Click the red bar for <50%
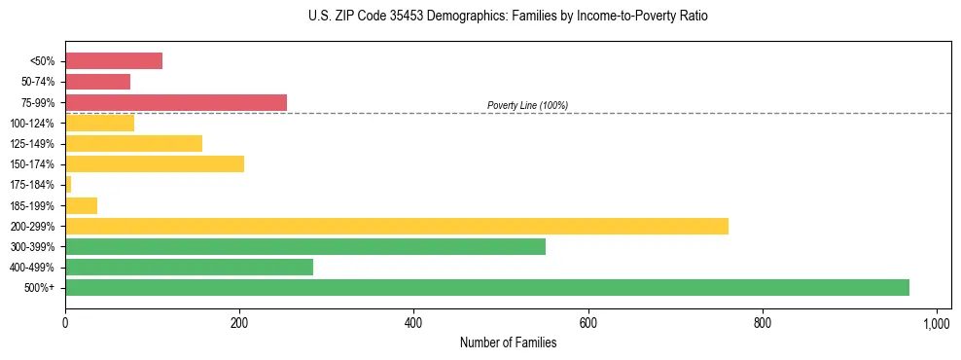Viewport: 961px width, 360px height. [x=114, y=61]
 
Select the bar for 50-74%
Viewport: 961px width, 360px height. [x=97, y=82]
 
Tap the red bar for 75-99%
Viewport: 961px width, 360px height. [x=176, y=102]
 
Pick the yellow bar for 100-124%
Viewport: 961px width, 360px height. [x=99, y=123]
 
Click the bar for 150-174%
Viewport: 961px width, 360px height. [x=155, y=163]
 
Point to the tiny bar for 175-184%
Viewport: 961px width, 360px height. [x=68, y=184]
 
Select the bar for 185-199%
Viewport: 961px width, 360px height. [x=81, y=205]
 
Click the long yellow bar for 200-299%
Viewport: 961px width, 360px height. [x=397, y=226]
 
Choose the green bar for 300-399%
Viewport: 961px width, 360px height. [x=305, y=246]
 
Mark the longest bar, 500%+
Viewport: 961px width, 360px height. [x=487, y=287]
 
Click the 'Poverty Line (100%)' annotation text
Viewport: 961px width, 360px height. [x=527, y=105]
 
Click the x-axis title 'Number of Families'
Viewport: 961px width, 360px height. [x=508, y=342]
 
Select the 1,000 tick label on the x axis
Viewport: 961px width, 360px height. [x=936, y=322]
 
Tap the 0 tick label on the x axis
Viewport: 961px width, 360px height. [x=65, y=322]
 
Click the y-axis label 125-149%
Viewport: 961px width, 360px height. [x=32, y=144]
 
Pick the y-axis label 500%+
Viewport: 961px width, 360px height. [x=40, y=288]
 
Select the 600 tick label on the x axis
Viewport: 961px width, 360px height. [x=587, y=322]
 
